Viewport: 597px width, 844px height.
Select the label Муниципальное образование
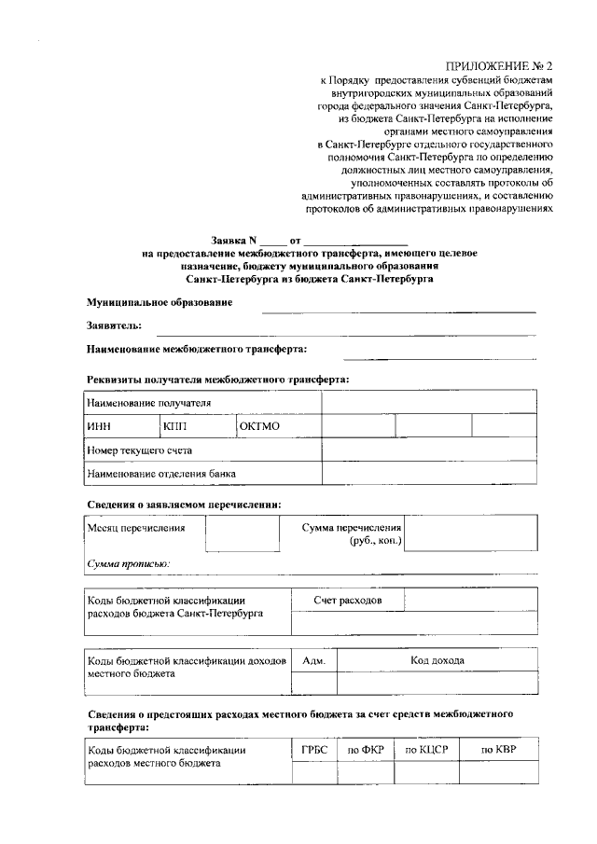coord(160,303)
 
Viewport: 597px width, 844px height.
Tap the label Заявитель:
coord(114,325)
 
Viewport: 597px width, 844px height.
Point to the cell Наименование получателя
coord(148,403)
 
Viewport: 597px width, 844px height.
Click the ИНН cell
coord(98,426)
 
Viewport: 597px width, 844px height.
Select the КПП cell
coord(175,426)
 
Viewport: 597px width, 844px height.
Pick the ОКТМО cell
coord(259,426)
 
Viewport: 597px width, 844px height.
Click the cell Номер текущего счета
coord(140,450)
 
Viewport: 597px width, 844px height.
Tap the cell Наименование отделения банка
coord(161,474)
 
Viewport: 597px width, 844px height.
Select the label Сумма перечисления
coord(351,528)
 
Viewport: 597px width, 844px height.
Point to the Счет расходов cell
coord(347,600)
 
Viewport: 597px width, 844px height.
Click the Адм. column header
coord(313,660)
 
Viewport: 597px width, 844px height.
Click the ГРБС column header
coord(313,749)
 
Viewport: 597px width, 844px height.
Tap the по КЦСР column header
coord(425,749)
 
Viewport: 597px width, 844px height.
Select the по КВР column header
coord(497,749)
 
